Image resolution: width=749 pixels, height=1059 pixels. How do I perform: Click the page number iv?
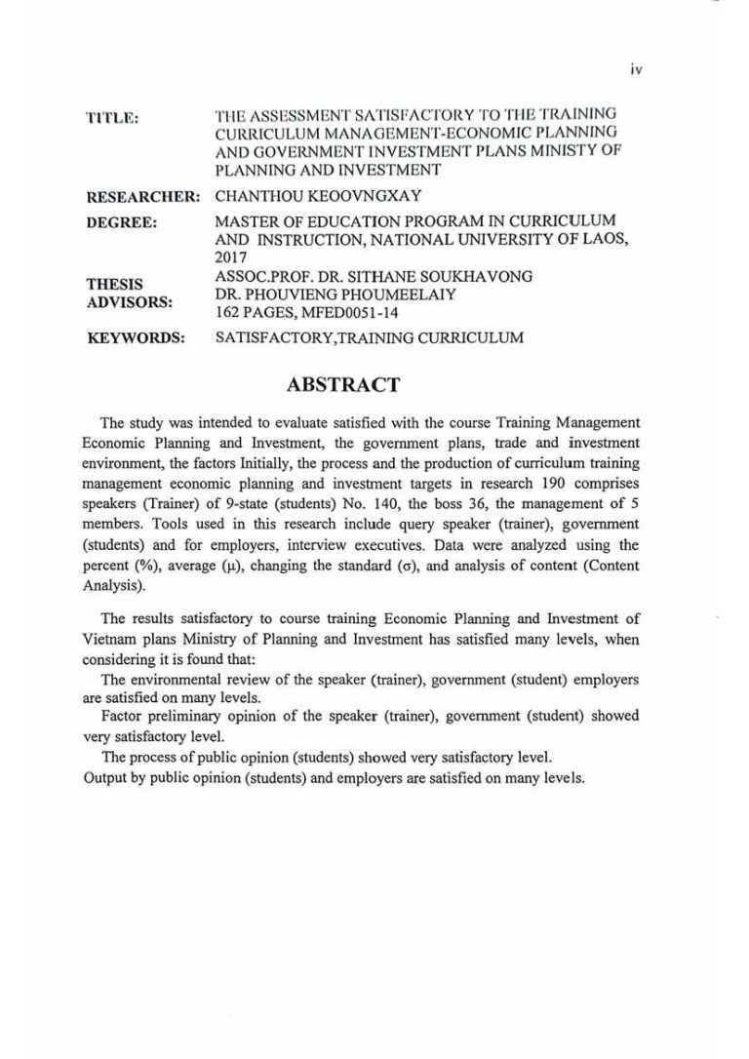tap(636, 69)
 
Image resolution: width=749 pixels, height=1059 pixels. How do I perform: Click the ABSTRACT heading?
tap(343, 384)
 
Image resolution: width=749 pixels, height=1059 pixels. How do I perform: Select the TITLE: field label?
tap(112, 118)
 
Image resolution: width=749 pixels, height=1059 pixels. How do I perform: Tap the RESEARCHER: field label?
tap(143, 197)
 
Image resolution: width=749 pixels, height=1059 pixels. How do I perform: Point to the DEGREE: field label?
tap(122, 223)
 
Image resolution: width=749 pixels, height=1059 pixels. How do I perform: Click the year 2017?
tap(231, 258)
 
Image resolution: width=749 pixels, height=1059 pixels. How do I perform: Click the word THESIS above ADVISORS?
tap(115, 285)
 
